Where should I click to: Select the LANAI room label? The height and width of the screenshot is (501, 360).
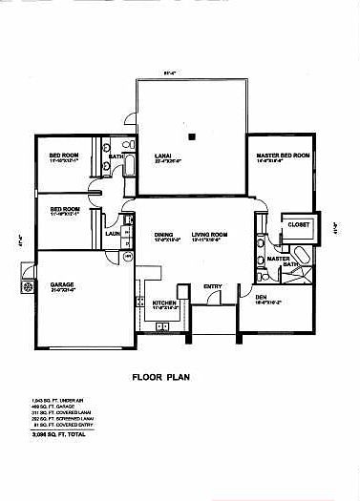163,154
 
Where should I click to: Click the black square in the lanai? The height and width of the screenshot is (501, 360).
192,136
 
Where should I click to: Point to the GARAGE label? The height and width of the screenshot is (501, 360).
63,284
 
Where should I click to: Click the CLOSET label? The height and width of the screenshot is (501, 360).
299,224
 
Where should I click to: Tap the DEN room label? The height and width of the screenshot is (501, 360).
262,297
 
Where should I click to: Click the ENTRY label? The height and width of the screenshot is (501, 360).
213,286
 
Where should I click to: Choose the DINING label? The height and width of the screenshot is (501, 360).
163,234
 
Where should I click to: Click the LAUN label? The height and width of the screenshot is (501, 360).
112,232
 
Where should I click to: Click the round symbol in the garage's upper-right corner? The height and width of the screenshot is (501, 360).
128,257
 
